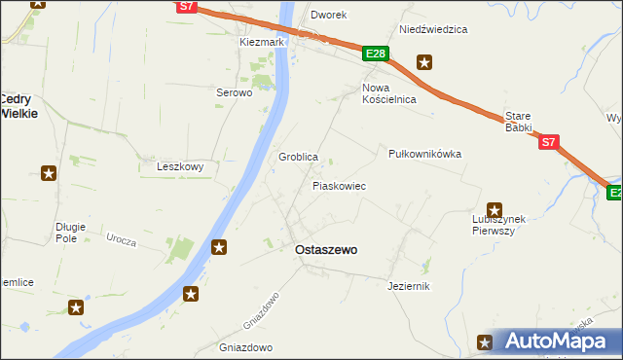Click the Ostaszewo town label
325,250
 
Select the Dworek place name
328,16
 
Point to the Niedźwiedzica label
433,29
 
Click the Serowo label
234,93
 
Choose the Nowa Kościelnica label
389,93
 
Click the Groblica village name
299,157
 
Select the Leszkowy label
180,166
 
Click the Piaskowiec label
339,185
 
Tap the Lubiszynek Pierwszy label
492,225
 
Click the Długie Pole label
71,233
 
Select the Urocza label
121,239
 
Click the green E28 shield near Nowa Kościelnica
377,54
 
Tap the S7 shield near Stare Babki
549,142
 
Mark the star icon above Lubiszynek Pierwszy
494,209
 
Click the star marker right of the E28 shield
425,63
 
